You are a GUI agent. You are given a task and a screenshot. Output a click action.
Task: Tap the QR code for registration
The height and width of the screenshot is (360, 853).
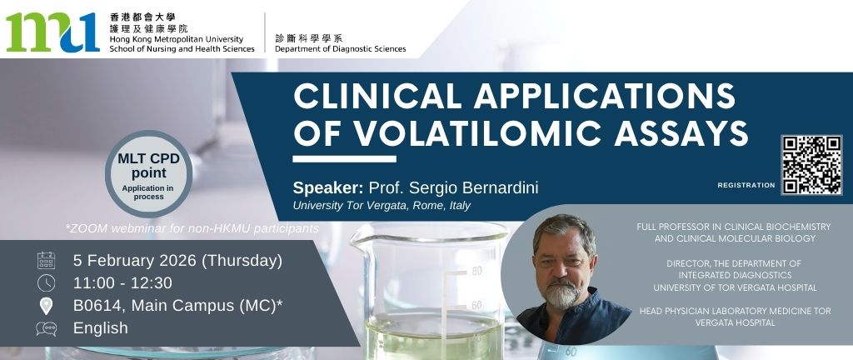click(x=811, y=164)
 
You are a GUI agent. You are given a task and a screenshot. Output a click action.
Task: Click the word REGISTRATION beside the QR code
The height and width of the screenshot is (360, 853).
click(x=746, y=185)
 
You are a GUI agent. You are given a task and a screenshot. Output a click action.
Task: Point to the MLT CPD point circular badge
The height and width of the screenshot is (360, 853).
click(x=148, y=173)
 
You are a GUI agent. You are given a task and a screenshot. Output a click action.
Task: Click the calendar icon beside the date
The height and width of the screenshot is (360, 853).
click(x=46, y=261)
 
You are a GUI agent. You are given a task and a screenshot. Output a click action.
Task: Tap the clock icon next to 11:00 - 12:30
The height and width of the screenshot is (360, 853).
click(x=46, y=283)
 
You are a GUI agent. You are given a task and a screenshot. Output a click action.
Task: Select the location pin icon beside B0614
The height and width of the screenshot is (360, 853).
click(x=46, y=306)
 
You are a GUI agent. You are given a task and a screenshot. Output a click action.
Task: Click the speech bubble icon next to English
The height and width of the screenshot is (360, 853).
click(x=46, y=328)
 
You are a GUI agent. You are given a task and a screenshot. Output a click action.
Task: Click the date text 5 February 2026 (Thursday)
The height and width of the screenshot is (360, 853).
click(x=177, y=261)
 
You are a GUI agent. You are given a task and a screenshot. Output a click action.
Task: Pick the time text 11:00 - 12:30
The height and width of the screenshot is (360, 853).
click(x=122, y=283)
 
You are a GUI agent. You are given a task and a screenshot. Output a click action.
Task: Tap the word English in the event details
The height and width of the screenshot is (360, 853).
click(x=101, y=328)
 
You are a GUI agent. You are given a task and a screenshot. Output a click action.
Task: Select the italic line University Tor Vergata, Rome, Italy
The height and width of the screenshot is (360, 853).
click(x=381, y=206)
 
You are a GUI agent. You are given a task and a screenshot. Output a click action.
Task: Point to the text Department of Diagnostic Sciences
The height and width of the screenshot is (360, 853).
click(x=340, y=48)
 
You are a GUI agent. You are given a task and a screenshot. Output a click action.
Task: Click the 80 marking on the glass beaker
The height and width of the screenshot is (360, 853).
click(x=476, y=271)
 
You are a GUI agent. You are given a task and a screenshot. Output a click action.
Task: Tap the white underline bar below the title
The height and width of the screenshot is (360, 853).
click(x=344, y=158)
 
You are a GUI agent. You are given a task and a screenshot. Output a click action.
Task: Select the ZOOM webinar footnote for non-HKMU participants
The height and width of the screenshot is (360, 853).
click(x=192, y=227)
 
